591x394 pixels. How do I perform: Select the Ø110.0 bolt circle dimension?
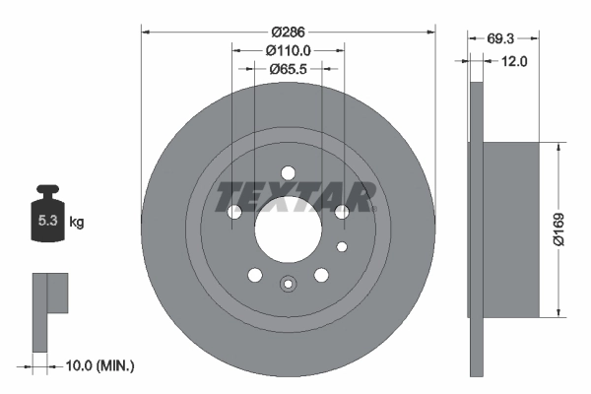point(288,50)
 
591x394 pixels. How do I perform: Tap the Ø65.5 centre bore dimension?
point(288,70)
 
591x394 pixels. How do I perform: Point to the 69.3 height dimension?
point(503,39)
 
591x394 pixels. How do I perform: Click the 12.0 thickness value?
point(515,61)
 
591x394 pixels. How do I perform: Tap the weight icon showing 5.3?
point(47,220)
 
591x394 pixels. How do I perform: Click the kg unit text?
point(76,223)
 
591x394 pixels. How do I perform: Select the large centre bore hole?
point(288,235)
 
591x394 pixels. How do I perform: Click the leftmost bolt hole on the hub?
point(234,212)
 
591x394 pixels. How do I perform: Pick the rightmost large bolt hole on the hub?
point(342,212)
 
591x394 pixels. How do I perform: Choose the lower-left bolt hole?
point(255,275)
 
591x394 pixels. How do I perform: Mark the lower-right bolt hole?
point(321,275)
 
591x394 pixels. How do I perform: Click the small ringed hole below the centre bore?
point(288,285)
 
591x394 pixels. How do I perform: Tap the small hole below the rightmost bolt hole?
point(342,246)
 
